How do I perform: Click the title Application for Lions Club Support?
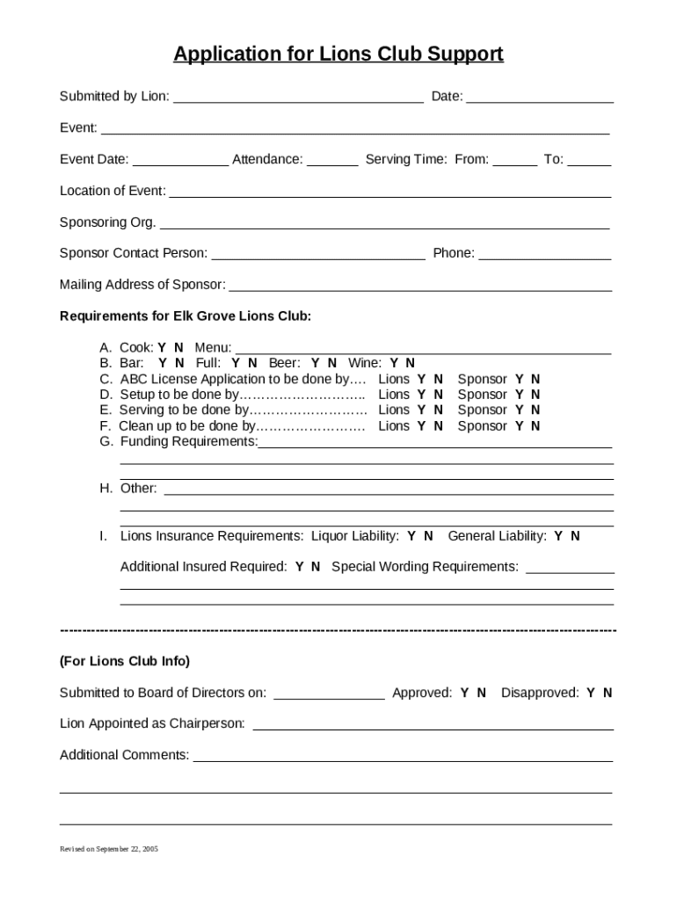coord(338,54)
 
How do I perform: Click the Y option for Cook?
coord(162,347)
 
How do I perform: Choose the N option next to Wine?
coord(410,363)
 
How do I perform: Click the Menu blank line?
coord(423,348)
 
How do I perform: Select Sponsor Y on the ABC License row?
coord(520,379)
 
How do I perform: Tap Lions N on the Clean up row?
coord(438,426)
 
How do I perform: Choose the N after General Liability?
coord(575,536)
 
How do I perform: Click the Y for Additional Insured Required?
coord(300,567)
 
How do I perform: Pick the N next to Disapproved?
coord(608,693)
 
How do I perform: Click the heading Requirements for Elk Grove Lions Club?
coord(185,316)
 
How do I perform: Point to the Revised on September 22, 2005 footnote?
coord(109,849)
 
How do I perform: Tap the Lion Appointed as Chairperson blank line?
coord(433,725)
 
